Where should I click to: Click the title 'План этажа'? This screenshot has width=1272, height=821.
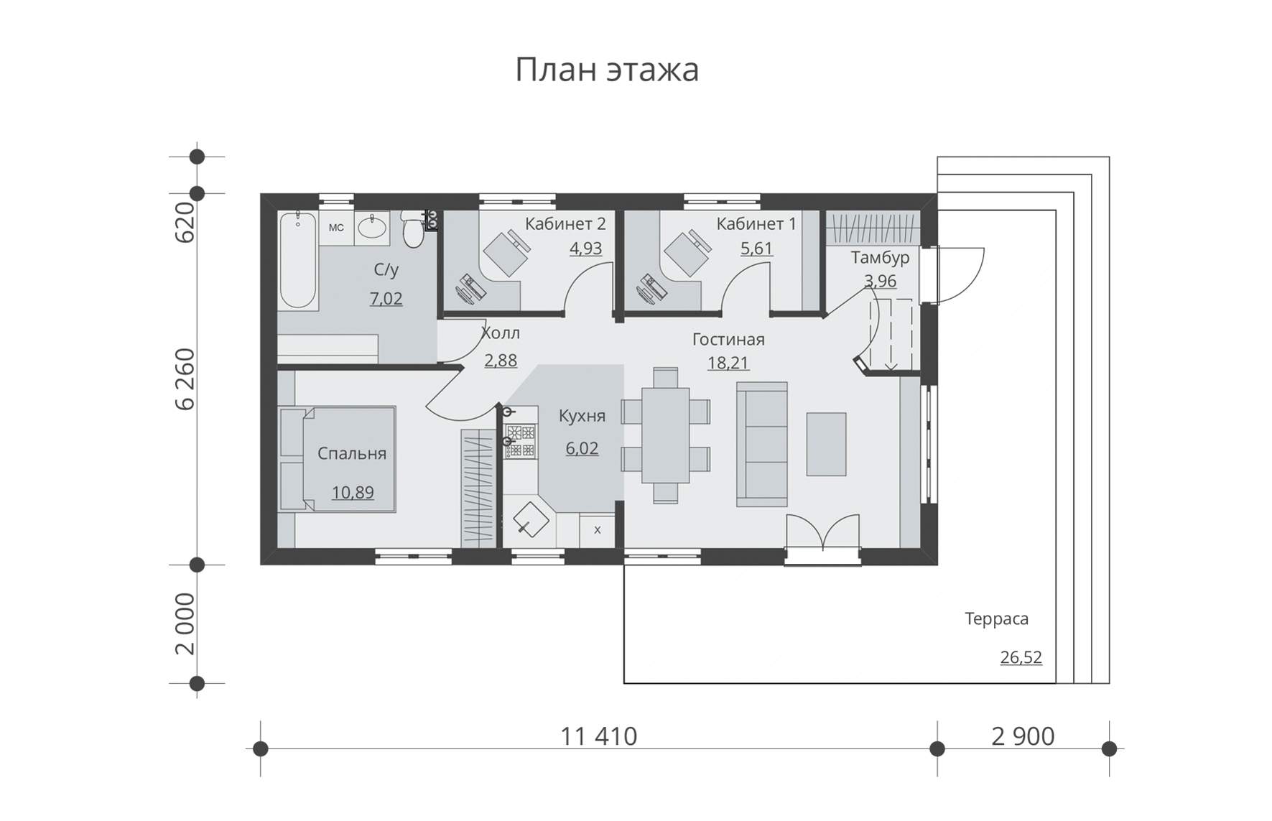click(607, 70)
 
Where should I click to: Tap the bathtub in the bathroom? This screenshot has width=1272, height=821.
click(298, 260)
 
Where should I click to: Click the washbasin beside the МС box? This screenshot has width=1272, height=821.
click(372, 228)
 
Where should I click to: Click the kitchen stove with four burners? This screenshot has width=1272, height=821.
click(521, 441)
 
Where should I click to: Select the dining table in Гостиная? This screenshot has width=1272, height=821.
click(666, 435)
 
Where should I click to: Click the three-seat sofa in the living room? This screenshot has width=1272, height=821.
click(762, 444)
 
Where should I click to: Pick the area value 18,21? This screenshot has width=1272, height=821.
click(728, 363)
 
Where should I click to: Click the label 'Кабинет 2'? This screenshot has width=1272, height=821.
click(565, 224)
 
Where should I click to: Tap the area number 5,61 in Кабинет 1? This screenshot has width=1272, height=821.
click(756, 249)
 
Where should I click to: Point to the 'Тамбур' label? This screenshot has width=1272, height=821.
click(880, 257)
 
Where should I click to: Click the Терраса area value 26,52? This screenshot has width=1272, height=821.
click(1021, 657)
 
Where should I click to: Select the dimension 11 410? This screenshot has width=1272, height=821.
click(598, 736)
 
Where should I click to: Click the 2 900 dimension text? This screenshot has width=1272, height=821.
click(1023, 736)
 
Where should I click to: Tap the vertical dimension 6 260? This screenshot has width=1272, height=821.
click(185, 379)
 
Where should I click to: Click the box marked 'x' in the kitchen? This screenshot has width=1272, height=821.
click(597, 531)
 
